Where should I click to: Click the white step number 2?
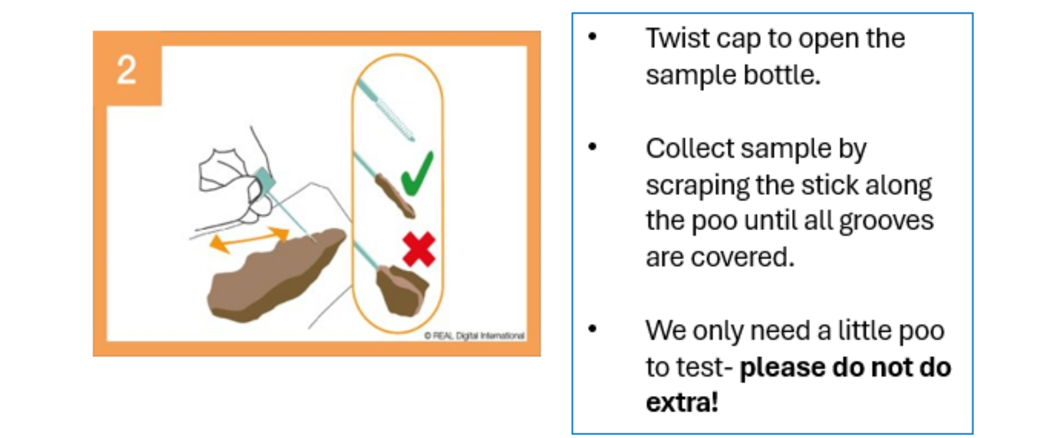(127, 70)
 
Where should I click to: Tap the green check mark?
(417, 173)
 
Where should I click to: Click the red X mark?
(419, 249)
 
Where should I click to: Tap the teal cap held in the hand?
(264, 179)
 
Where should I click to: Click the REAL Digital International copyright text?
(475, 335)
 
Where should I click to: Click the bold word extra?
(682, 402)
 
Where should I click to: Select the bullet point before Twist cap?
(593, 37)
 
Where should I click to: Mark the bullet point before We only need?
(593, 329)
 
